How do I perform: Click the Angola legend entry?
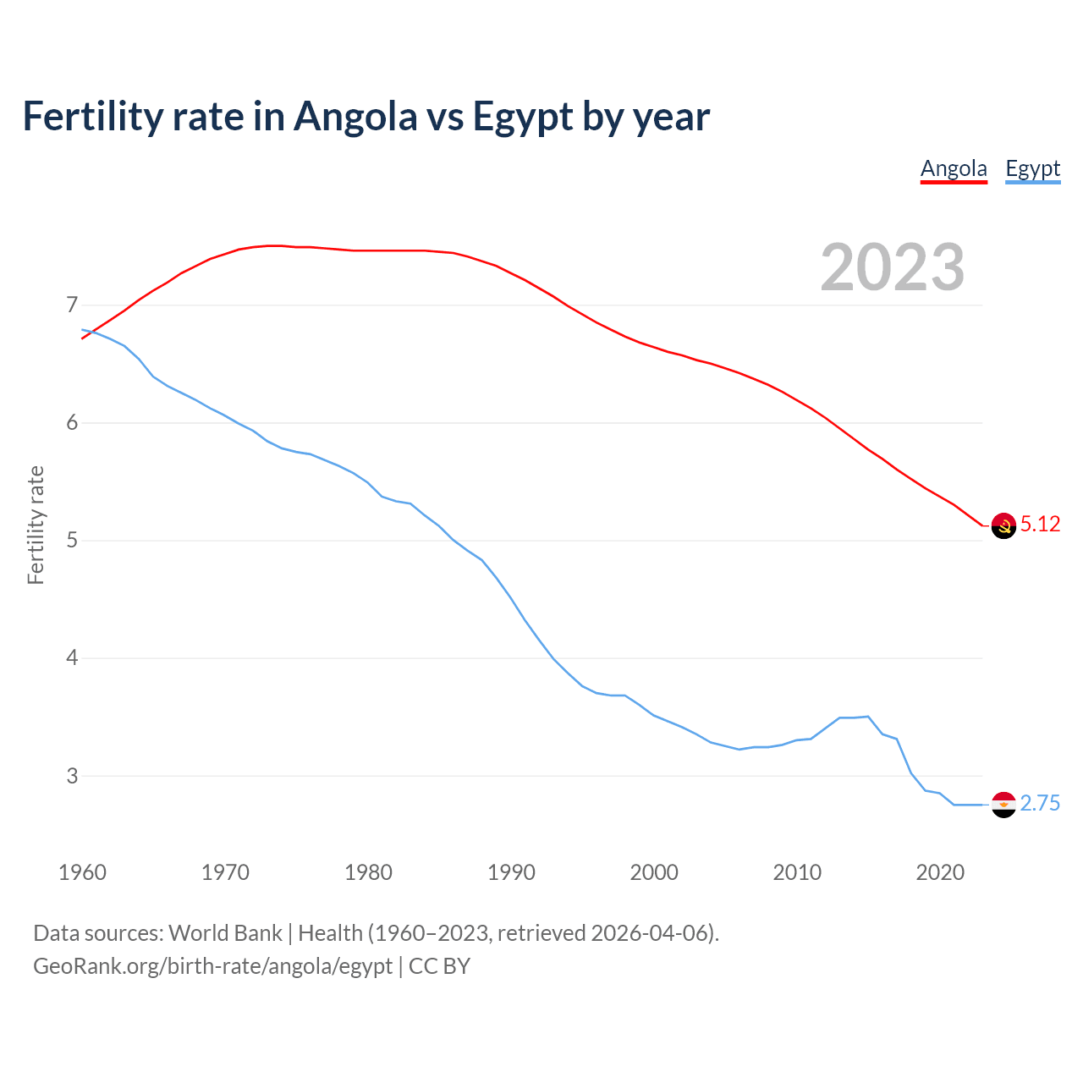[954, 168]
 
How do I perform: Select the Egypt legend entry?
[1032, 168]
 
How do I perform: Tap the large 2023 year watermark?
[893, 267]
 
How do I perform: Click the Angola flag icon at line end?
[1003, 525]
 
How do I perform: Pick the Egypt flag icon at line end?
[1003, 805]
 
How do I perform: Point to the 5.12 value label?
[1040, 525]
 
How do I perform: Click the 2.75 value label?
[1040, 804]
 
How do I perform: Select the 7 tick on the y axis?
[72, 305]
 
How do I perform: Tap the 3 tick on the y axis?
[72, 776]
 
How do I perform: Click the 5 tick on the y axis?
[72, 540]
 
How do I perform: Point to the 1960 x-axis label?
[82, 872]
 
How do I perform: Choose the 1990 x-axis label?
[511, 872]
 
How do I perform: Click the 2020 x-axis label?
[940, 872]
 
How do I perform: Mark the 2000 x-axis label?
[654, 872]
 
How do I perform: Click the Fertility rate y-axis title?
[36, 525]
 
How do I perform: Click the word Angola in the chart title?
[355, 117]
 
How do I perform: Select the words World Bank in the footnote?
[225, 933]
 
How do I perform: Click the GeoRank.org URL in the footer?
[212, 966]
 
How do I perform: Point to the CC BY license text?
[439, 966]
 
